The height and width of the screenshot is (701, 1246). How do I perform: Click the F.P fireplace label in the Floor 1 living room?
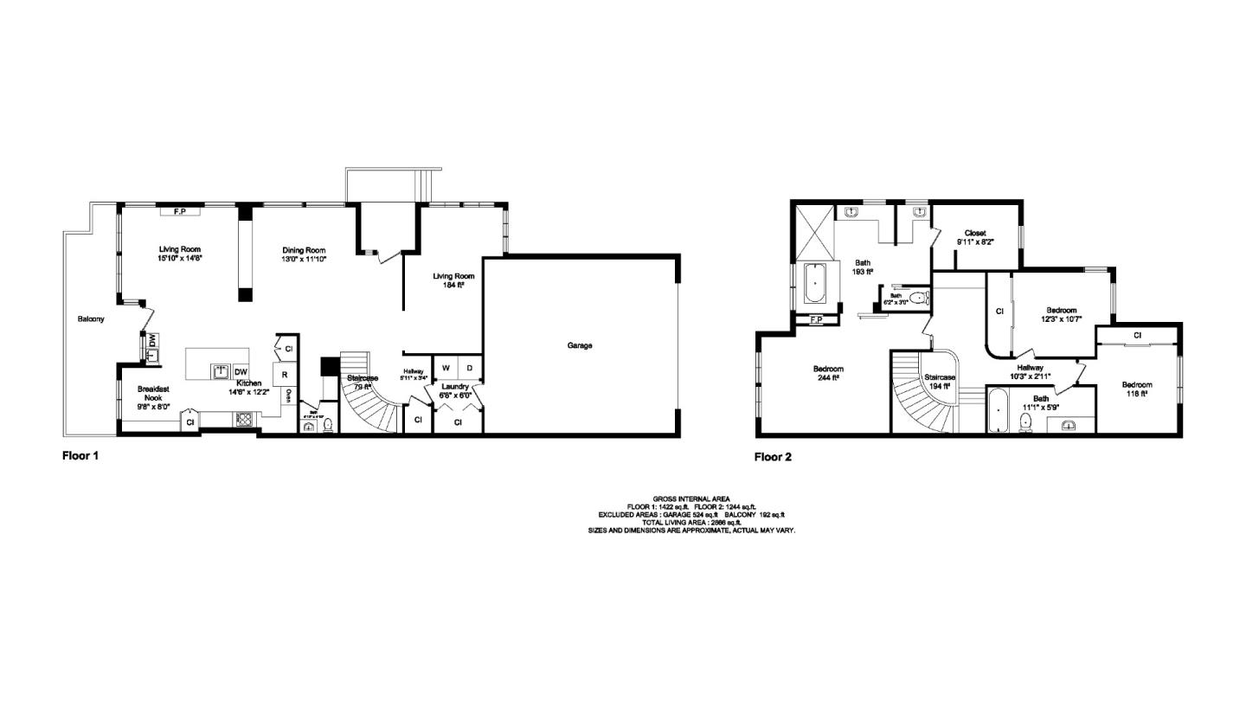point(181,210)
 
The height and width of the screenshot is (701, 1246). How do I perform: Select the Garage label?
point(580,345)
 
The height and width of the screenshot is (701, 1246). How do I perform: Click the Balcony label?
point(90,318)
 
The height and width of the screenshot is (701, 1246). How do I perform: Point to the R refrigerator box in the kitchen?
point(284,375)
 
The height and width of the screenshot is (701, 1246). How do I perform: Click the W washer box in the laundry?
point(446,367)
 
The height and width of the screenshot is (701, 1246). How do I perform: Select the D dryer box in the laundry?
point(470,367)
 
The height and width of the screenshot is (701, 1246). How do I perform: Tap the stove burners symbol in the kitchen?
point(245,420)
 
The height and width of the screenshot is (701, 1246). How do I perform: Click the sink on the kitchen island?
point(221,371)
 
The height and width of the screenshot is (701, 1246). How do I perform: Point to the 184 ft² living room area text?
point(449,280)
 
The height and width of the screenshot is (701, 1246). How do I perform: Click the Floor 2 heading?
point(773,457)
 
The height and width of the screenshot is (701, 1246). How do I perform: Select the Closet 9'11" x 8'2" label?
point(974,238)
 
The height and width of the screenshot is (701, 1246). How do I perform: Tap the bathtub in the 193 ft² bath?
point(815,283)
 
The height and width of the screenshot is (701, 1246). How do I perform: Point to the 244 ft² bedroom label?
point(828,373)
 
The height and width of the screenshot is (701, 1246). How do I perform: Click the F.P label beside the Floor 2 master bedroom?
point(814,321)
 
